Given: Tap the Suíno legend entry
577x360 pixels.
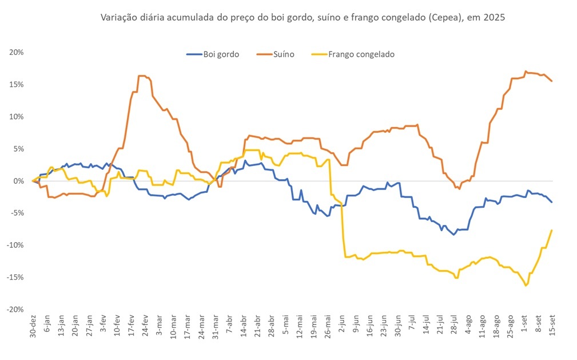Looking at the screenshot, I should coord(284,54).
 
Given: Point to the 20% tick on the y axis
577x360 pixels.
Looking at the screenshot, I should coord(16,53).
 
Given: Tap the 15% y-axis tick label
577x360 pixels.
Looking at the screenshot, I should coord(16,85).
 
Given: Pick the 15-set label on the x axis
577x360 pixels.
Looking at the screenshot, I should coord(552,327).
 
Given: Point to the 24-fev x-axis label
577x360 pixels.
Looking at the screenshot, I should coord(145,327).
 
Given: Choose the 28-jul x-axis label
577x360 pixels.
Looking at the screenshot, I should coord(453,327).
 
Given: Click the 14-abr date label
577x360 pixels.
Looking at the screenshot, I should coord(244,327).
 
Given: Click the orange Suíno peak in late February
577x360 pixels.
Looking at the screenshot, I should coord(142,76).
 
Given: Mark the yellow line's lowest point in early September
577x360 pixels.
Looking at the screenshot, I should coord(526,285).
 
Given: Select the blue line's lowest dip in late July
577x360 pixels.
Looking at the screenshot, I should coord(454,235).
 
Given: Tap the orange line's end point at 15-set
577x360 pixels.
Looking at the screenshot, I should coord(552,81).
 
